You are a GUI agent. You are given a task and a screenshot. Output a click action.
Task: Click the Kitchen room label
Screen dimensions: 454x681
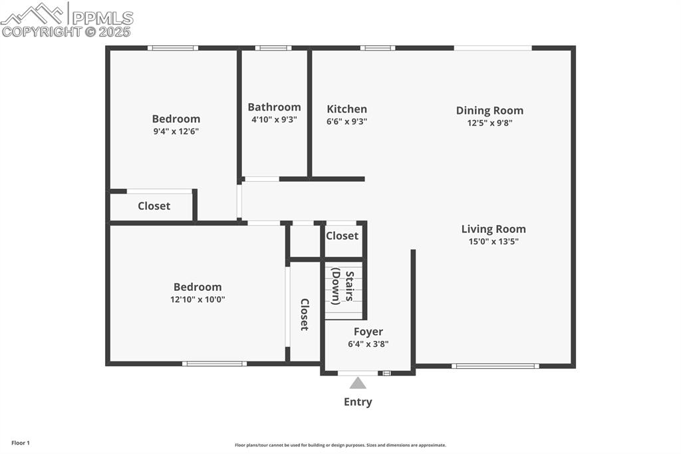[346, 109]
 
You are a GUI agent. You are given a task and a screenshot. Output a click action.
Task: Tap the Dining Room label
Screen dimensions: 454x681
[489, 111]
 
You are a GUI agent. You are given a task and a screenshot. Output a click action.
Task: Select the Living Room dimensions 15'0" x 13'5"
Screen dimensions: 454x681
[493, 242]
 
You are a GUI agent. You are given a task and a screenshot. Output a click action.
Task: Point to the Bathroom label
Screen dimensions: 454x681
[274, 107]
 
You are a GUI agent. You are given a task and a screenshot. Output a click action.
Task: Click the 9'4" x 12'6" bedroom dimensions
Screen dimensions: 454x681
[176, 131]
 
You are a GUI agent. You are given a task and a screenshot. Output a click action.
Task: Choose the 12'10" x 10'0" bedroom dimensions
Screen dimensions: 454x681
[198, 300]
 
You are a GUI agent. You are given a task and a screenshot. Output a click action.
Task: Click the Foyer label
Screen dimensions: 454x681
[368, 332]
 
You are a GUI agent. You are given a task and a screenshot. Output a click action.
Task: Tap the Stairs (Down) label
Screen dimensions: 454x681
[342, 286]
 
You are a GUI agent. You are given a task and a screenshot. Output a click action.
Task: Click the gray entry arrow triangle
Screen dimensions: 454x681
[358, 383]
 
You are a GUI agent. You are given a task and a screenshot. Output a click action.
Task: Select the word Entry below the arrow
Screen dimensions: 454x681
[358, 402]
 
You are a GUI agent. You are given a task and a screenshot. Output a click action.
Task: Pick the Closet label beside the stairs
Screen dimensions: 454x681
[342, 236]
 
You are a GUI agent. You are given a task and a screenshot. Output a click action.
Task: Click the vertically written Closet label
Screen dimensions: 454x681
[305, 314]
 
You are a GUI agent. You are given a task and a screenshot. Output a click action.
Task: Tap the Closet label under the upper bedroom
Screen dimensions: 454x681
[154, 206]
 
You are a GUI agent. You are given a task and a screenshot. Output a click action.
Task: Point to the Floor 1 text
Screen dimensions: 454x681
[21, 443]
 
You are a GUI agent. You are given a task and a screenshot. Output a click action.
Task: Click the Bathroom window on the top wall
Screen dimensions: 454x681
[273, 48]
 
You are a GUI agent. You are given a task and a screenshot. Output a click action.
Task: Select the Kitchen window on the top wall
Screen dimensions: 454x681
[377, 48]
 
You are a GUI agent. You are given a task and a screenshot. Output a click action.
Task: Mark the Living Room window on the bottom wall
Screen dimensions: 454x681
[494, 365]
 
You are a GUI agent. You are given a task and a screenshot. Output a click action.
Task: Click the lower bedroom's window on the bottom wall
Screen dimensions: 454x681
[214, 363]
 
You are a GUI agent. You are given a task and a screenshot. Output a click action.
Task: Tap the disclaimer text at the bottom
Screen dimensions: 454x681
[340, 445]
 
